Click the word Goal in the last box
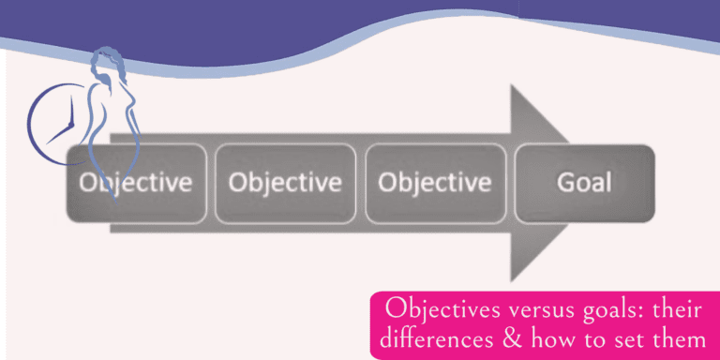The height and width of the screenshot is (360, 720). [x=583, y=181]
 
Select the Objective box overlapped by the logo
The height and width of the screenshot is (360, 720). [x=135, y=182]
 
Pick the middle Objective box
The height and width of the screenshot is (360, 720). [x=284, y=182]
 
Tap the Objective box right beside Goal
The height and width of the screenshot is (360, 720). [x=434, y=182]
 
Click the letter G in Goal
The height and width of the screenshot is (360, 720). [x=565, y=181]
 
